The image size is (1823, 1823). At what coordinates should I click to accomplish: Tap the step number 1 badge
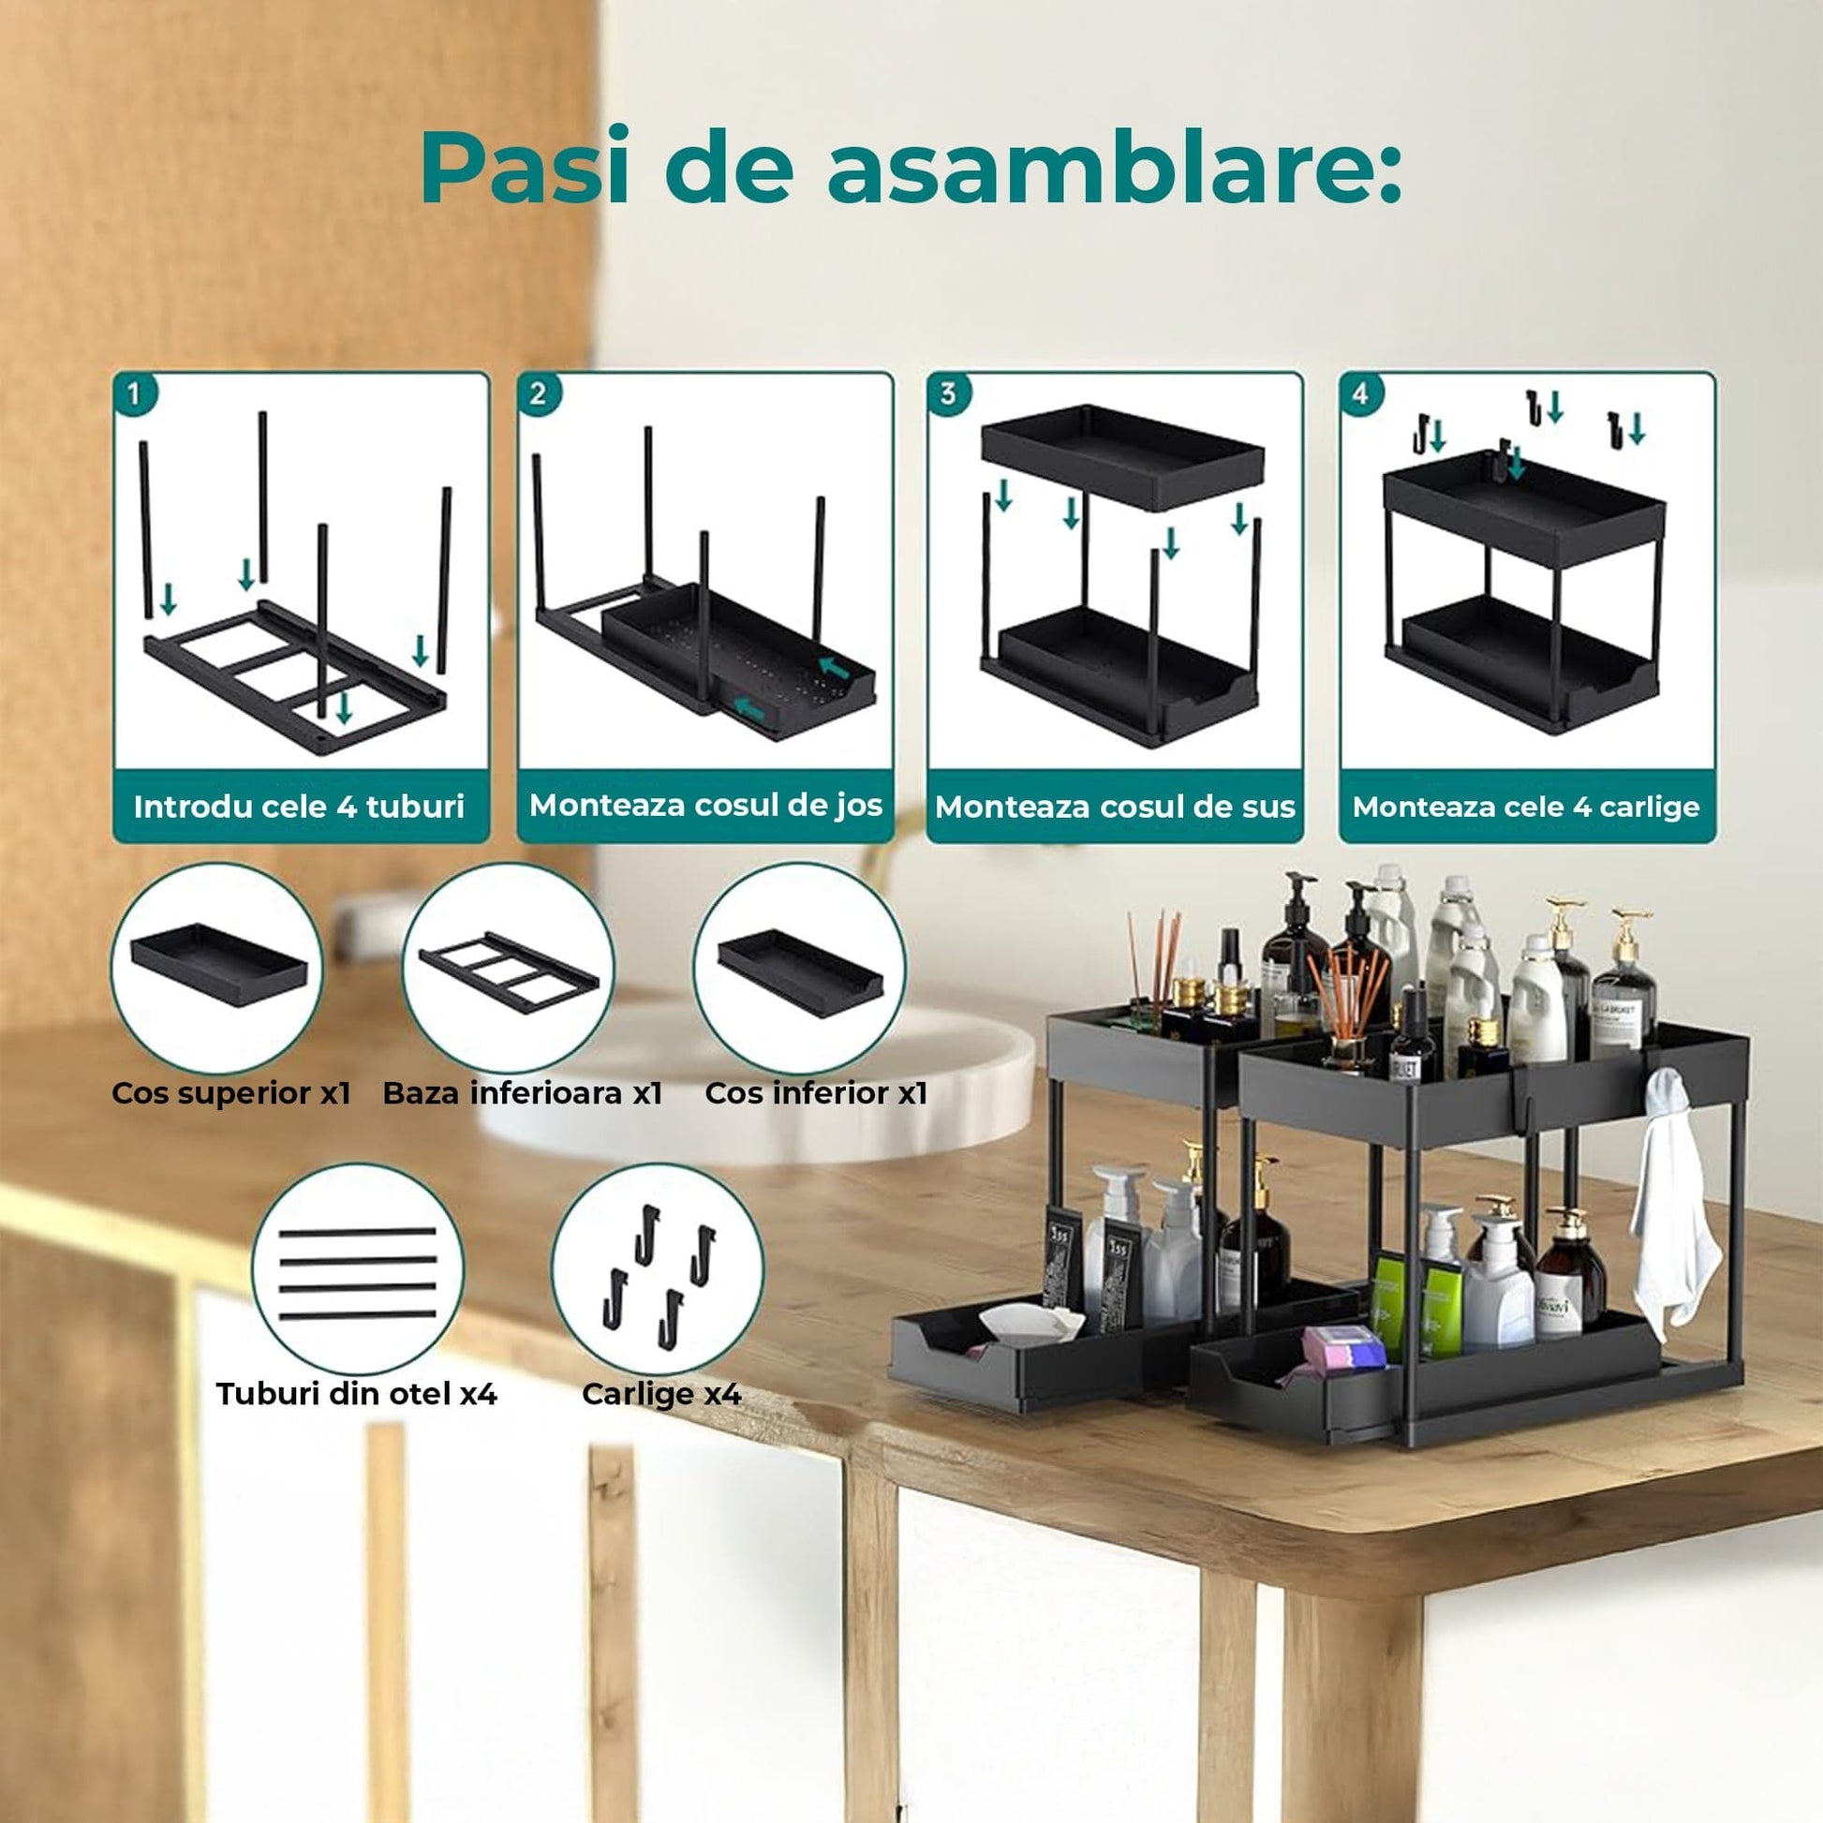click(x=135, y=393)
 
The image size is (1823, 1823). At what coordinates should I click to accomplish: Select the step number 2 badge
click(x=538, y=393)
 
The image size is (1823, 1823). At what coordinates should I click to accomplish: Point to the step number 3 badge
click(x=948, y=393)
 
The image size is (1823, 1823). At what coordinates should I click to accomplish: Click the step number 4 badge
click(x=1360, y=393)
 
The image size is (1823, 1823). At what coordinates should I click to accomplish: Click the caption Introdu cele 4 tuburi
click(x=299, y=807)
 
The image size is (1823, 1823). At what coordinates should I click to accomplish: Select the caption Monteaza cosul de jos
click(x=705, y=805)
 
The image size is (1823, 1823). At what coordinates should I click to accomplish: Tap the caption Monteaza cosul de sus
click(x=1116, y=807)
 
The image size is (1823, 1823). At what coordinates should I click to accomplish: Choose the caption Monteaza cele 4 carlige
click(x=1526, y=807)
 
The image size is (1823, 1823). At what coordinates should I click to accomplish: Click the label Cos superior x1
click(x=231, y=1092)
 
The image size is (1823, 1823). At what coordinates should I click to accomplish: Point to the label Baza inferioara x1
click(x=523, y=1092)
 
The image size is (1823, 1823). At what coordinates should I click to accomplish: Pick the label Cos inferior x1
click(x=816, y=1092)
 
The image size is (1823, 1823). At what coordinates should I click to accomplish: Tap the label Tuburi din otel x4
click(x=357, y=1394)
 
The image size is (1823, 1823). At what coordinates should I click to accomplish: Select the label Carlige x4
click(x=661, y=1394)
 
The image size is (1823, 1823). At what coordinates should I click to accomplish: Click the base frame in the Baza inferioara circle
click(x=510, y=969)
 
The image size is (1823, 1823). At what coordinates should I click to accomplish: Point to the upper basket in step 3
click(x=1123, y=457)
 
